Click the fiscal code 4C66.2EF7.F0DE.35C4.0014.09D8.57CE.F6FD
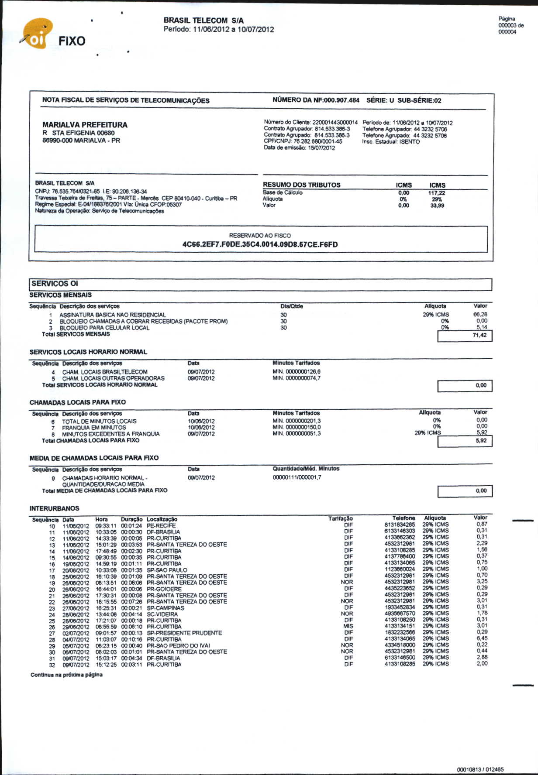pos(260,244)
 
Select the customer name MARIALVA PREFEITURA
pos(85,125)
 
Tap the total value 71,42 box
pos(465,336)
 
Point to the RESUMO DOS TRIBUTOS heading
pos(301,185)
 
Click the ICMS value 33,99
pos(437,206)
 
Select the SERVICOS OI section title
pos(55,284)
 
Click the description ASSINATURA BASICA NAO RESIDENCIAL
pos(112,315)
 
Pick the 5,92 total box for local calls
pos(465,441)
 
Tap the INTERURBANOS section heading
pos(54,508)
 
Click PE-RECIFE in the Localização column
pos(161,526)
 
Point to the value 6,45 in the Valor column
pos(482,638)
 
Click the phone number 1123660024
pos(400,569)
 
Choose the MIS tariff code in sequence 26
pos(348,626)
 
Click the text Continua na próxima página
pos(66,675)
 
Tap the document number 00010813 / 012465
pos(480,769)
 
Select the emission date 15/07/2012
pos(321,148)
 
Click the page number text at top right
pos(510,25)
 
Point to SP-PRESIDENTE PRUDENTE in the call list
pos(184,633)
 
